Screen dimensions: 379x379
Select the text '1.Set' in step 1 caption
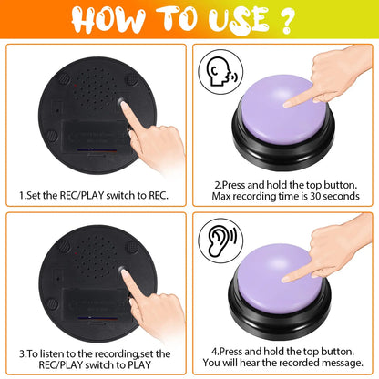(31, 194)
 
